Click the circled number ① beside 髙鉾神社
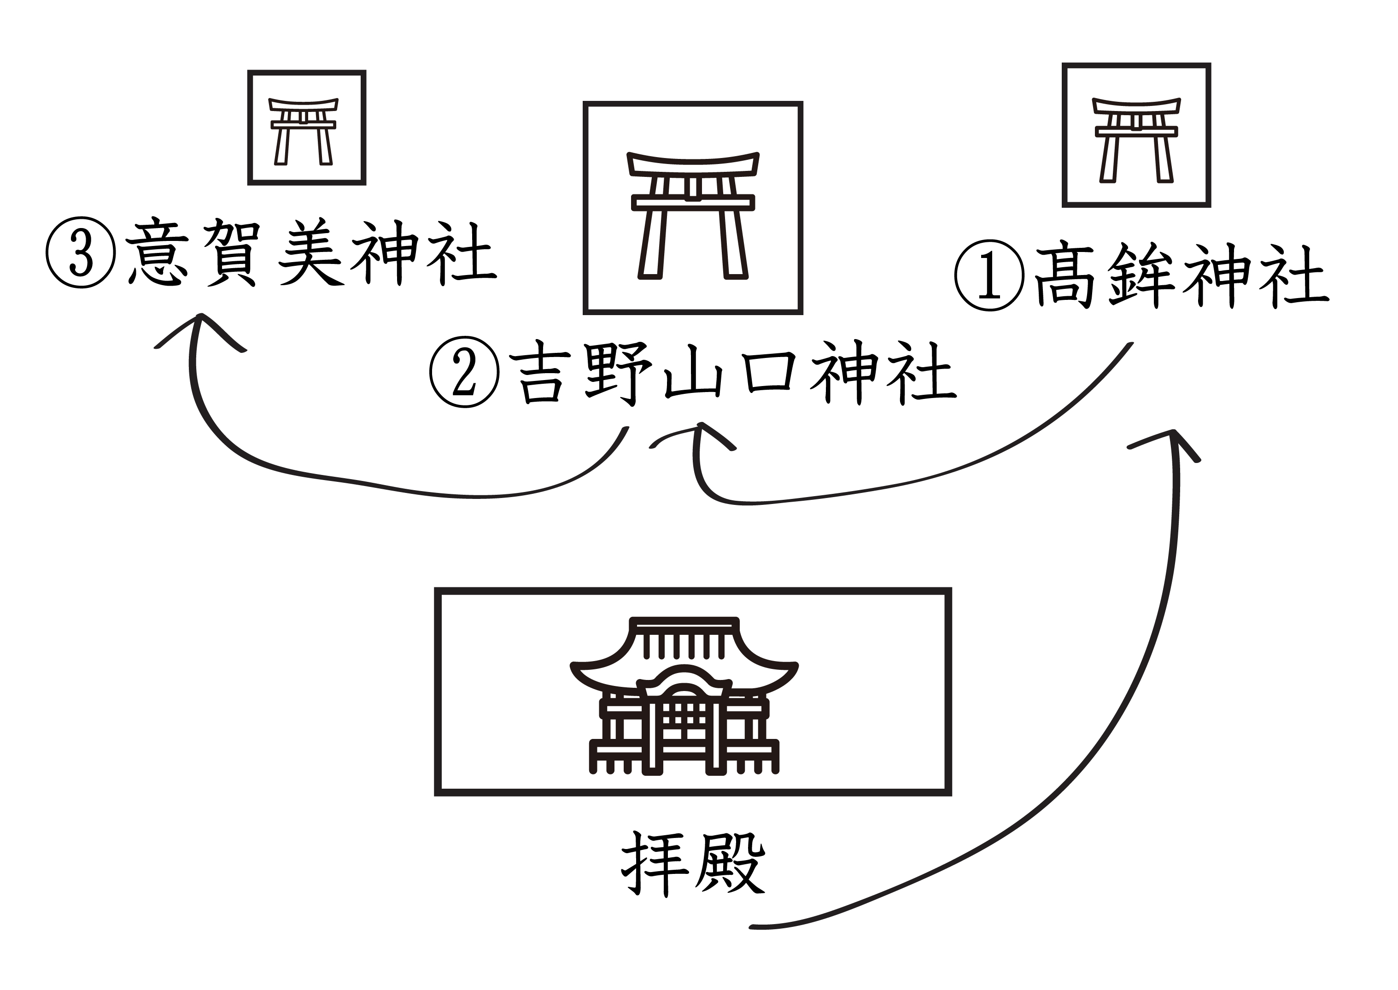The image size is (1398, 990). click(x=990, y=275)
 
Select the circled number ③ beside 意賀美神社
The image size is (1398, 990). click(x=81, y=253)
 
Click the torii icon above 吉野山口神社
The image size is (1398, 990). click(x=693, y=215)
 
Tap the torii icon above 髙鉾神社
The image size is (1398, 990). click(x=1136, y=139)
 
